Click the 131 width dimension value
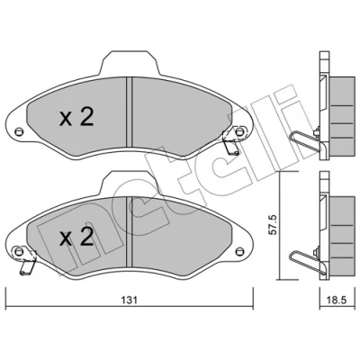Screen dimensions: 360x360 [x=130, y=300]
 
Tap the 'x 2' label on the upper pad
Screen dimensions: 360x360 [x=77, y=117]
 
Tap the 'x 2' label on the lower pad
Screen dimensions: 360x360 [x=76, y=238]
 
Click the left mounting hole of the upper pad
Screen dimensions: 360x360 [x=19, y=131]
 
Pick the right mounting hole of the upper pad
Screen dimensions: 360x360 [x=239, y=131]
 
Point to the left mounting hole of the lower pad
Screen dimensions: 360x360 [x=19, y=251]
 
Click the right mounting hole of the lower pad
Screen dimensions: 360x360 [x=239, y=251]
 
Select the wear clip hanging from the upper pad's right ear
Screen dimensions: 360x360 [x=231, y=142]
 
